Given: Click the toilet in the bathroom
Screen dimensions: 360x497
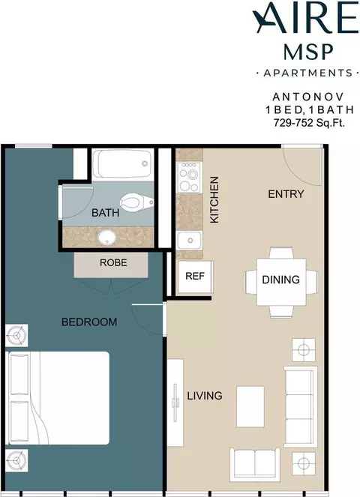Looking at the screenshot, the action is (136, 202).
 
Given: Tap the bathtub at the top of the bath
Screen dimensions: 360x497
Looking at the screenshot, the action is (124, 164).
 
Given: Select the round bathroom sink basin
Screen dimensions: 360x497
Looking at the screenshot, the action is (106, 238).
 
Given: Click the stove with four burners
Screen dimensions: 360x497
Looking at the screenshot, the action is (189, 177).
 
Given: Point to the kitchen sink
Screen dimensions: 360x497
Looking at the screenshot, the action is (189, 241).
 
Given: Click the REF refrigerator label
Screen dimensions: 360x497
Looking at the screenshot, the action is (195, 276).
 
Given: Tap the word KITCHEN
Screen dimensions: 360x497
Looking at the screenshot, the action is (214, 199).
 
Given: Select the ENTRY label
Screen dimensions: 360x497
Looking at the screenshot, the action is (286, 194).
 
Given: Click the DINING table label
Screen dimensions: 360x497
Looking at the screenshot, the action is (281, 280).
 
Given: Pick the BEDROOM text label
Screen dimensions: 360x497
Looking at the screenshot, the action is (89, 322).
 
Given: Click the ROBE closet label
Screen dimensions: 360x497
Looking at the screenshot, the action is (113, 262).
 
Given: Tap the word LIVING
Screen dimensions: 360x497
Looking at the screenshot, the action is (205, 396).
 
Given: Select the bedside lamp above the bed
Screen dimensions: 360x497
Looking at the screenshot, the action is (16, 335).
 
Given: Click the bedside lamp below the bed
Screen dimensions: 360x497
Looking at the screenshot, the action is (16, 460).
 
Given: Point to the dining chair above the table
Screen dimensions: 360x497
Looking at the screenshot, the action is (281, 253).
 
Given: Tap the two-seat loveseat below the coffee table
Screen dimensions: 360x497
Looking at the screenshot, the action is (255, 463).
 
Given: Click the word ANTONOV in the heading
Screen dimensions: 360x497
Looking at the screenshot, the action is (308, 97).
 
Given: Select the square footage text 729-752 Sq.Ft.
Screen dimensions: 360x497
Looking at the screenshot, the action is (309, 122).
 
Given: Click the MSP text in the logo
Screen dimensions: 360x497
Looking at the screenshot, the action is (308, 52).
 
